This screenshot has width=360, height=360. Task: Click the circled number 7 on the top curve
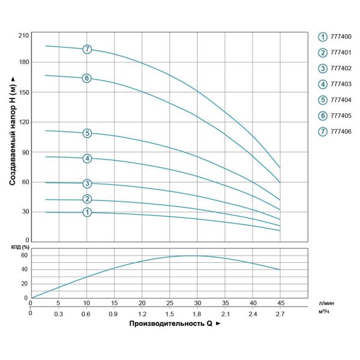[x=87, y=49]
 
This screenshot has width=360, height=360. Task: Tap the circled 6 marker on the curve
[x=87, y=78]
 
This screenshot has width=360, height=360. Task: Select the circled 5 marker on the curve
[x=87, y=133]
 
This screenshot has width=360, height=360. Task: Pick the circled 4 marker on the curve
[x=87, y=158]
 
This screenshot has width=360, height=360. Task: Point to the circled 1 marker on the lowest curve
[x=87, y=212]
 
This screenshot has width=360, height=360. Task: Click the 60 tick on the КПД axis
[x=24, y=255]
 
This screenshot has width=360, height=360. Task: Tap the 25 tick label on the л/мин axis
[x=169, y=303]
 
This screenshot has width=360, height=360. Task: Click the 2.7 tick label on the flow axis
[x=280, y=314]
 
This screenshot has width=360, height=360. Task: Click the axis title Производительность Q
[x=170, y=324]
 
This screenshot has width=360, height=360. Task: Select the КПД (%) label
[x=19, y=247]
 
